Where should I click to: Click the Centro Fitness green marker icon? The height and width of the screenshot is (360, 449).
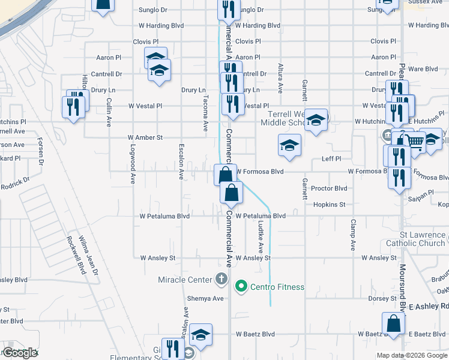tap(241, 287)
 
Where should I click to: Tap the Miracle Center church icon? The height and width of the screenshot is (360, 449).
tap(221, 280)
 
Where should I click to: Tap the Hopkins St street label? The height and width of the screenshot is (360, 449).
tap(329, 205)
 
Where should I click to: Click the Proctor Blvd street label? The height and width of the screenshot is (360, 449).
tap(330, 188)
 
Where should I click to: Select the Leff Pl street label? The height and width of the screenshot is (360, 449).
tap(331, 159)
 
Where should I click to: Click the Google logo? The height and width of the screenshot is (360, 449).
tap(20, 353)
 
